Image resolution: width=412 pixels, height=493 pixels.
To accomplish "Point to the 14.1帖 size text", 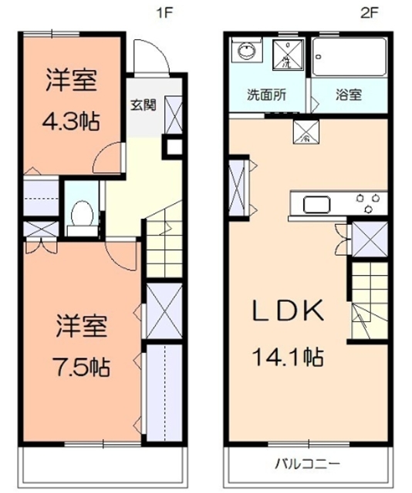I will tap(286, 356).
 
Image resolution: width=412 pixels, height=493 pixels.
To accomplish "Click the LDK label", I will tap(287, 310).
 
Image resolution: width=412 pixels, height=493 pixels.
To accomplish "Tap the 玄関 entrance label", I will tap(143, 105).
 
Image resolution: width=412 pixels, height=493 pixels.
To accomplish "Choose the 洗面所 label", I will tap(265, 96).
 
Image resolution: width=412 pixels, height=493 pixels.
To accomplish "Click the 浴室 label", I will tap(348, 96).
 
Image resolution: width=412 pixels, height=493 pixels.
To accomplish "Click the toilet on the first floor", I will tap(80, 213).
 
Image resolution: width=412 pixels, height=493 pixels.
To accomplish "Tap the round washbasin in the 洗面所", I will tap(246, 53).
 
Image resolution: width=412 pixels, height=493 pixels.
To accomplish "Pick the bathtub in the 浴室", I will tap(349, 58).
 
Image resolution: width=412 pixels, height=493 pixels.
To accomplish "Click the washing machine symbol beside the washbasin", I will tap(288, 55).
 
